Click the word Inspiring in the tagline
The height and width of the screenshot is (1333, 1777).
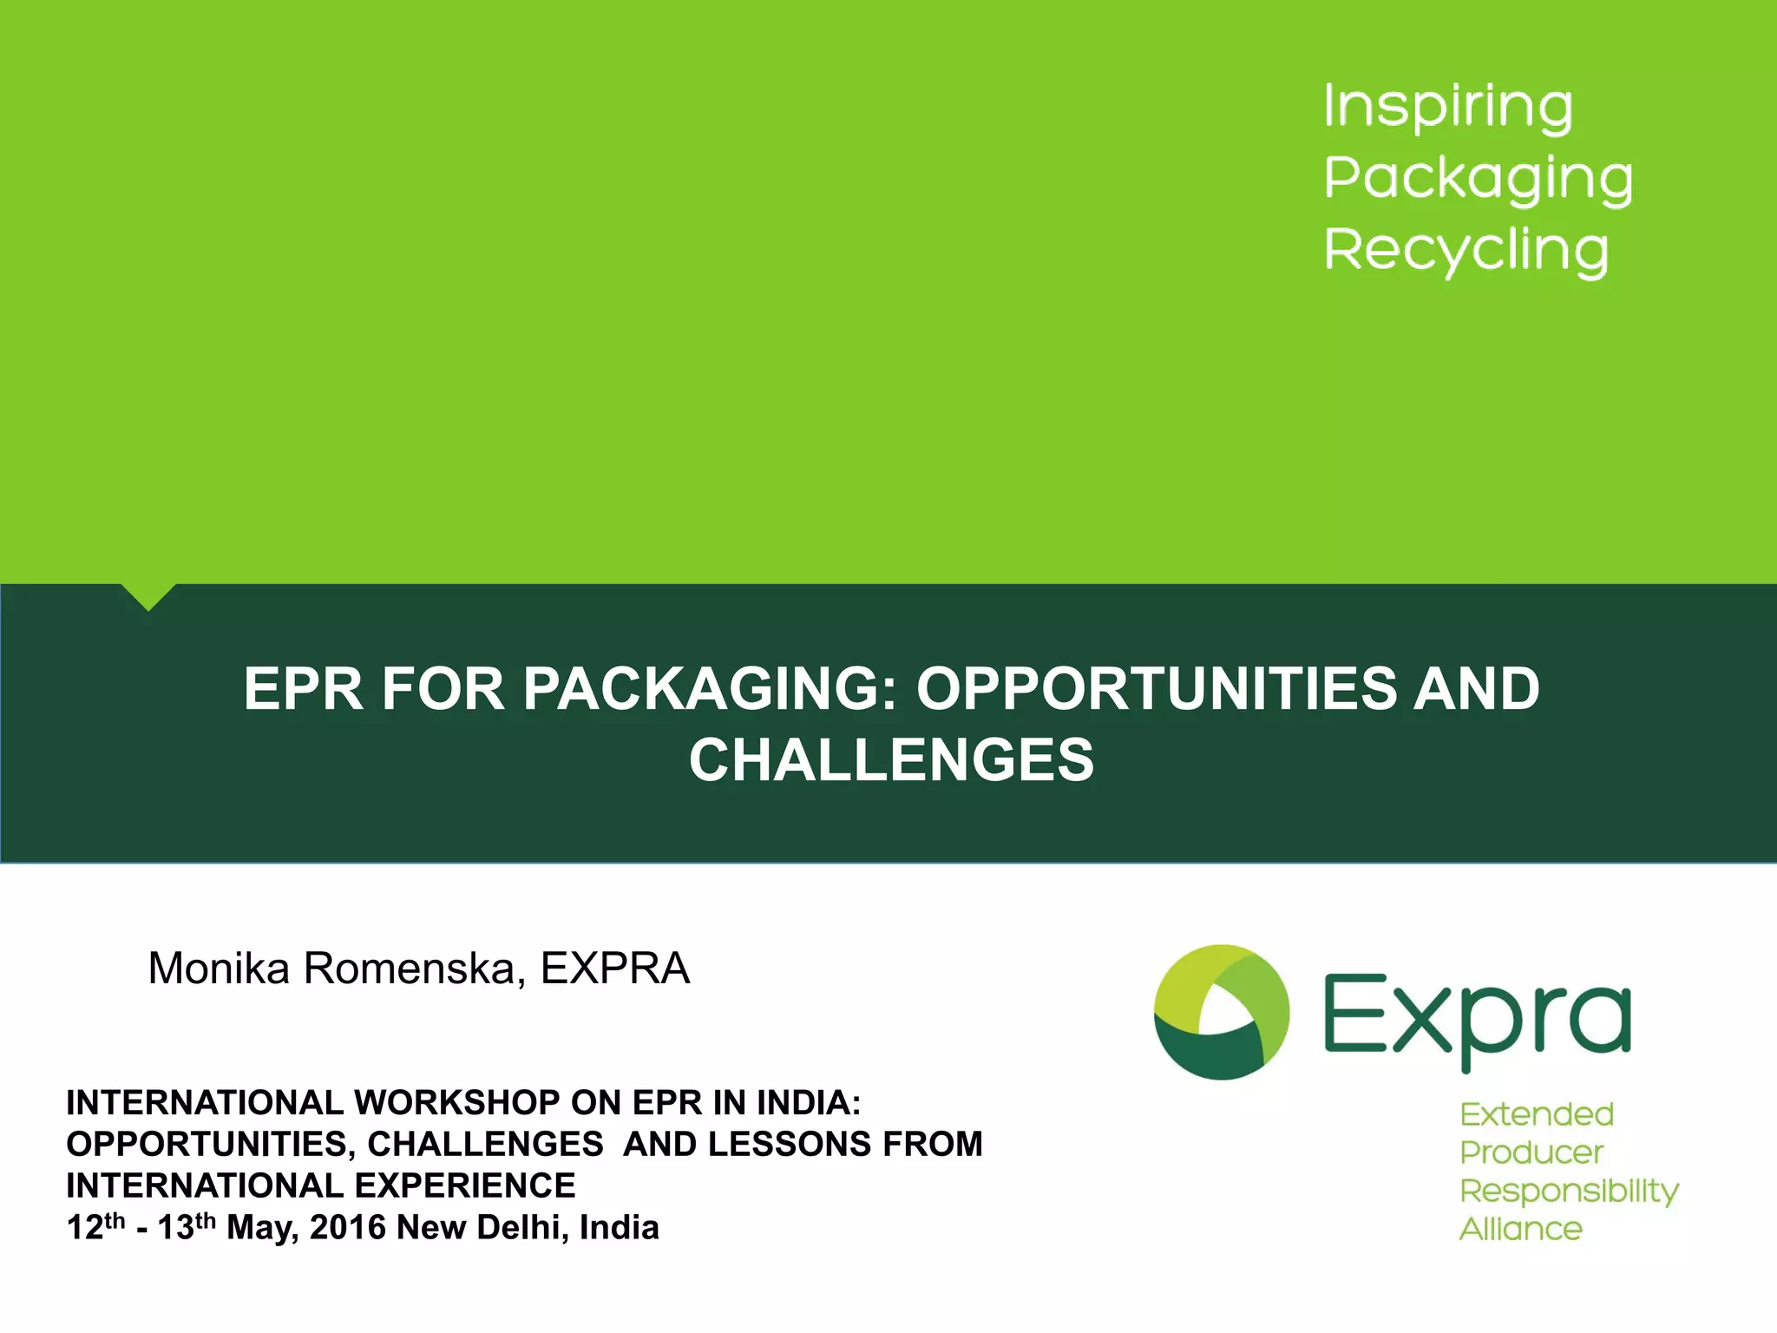pos(1447,108)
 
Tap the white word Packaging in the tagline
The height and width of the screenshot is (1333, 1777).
pos(1478,180)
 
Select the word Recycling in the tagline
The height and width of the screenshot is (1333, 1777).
pos(1466,252)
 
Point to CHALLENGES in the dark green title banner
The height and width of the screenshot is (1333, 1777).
pos(891,759)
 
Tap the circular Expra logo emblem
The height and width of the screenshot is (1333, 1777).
pos(1221,1012)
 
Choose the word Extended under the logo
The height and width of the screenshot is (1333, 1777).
pos(1536,1114)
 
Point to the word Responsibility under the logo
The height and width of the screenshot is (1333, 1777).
pos(1569,1192)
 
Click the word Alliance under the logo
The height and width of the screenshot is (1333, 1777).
pos(1520,1229)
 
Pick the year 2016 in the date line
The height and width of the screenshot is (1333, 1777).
pos(347,1228)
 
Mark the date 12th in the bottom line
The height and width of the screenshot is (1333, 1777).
pos(95,1226)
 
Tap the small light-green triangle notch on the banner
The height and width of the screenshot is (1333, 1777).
pos(148,595)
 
